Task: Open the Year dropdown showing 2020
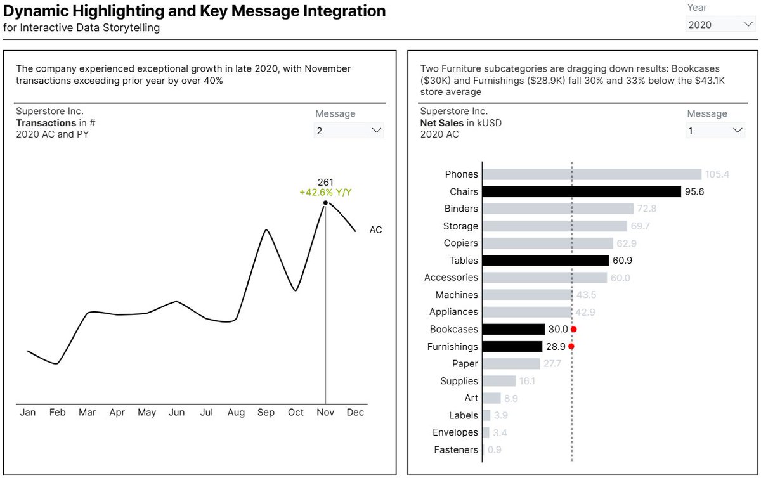pyautogui.click(x=720, y=25)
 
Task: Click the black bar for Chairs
pyautogui.click(x=581, y=191)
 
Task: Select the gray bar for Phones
pyautogui.click(x=592, y=174)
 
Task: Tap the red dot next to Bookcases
pyautogui.click(x=573, y=330)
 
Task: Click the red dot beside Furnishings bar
pyautogui.click(x=571, y=347)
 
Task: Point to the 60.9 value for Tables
pyautogui.click(x=621, y=261)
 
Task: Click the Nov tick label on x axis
pyautogui.click(x=325, y=413)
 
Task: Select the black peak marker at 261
pyautogui.click(x=325, y=203)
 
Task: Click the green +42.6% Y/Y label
pyautogui.click(x=325, y=193)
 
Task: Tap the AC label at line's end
pyautogui.click(x=375, y=230)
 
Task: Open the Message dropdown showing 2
pyautogui.click(x=349, y=131)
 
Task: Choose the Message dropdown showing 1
pyautogui.click(x=715, y=131)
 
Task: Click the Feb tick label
pyautogui.click(x=58, y=413)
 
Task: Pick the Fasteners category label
pyautogui.click(x=456, y=450)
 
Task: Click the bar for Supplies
pyautogui.click(x=498, y=381)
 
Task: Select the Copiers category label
pyautogui.click(x=461, y=243)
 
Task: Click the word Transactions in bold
pyautogui.click(x=46, y=122)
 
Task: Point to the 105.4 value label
pyautogui.click(x=718, y=174)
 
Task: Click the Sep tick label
pyautogui.click(x=266, y=413)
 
